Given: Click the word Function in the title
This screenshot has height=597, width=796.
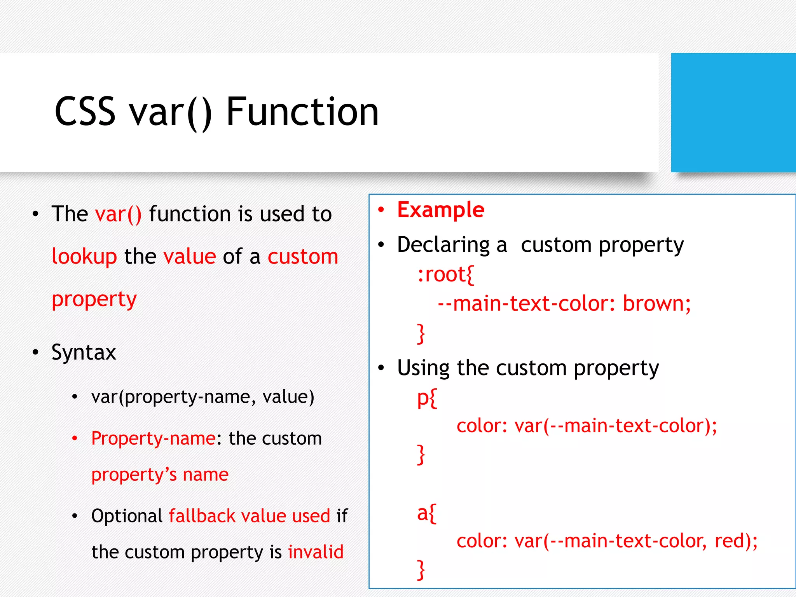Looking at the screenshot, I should [302, 112].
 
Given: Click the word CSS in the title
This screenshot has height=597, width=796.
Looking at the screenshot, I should [85, 112].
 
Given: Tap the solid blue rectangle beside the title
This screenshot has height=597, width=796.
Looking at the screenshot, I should [733, 113].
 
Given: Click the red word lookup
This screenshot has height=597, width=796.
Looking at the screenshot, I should [84, 257].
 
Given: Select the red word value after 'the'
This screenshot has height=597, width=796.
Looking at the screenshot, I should [190, 257].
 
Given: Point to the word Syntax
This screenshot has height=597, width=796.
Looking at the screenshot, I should [84, 353].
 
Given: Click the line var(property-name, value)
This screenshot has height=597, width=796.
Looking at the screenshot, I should [202, 397].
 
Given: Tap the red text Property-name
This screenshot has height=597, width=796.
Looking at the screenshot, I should [154, 438].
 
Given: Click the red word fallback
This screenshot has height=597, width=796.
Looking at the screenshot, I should [202, 516].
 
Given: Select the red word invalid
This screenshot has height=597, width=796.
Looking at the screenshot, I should [316, 552].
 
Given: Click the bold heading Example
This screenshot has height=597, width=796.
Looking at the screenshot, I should [441, 210].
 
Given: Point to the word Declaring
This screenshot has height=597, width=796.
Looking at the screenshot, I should [443, 245].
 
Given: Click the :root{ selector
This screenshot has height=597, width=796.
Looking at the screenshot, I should [445, 275].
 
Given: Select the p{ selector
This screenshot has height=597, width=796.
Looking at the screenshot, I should [427, 398].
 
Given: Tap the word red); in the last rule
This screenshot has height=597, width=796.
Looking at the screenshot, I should [736, 541].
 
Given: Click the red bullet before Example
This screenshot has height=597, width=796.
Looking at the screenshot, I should [381, 210].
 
